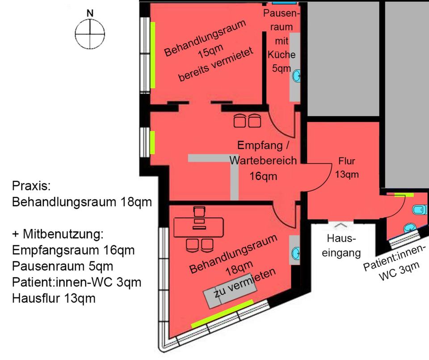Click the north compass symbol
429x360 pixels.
pos(90,34)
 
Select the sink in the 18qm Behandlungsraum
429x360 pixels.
pos(295,253)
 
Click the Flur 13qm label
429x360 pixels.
pos(347,168)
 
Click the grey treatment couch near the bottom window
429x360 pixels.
pos(230,294)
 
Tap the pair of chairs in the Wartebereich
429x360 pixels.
pos(248,120)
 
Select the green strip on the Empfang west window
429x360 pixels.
pos(152,142)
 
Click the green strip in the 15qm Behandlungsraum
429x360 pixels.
pos(153,55)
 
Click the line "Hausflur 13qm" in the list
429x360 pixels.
pos(54,298)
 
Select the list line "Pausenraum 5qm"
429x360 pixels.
pos(63,266)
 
